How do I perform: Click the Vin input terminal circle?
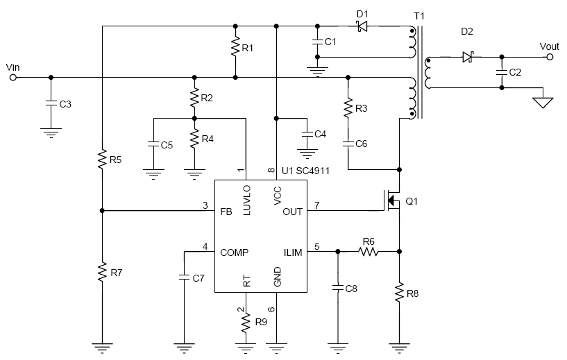12,77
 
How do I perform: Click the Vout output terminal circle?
550,58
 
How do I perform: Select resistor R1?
236,49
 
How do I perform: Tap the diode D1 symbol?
360,27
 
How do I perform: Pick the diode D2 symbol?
468,58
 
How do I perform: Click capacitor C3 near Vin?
51,103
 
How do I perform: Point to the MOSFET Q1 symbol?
391,201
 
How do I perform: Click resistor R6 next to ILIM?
368,252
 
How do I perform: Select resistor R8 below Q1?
400,293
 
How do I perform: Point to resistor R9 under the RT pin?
245,322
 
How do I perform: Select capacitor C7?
184,277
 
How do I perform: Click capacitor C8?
337,286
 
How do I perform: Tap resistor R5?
101,160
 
